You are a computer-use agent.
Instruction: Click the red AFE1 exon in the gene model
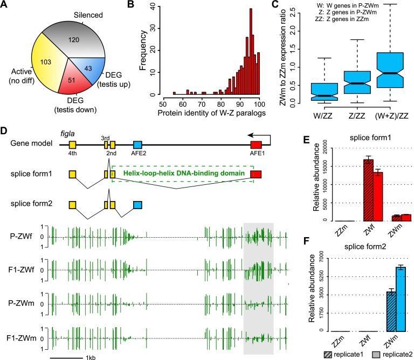[257, 144]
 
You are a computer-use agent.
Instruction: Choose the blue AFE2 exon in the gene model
[138, 144]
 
